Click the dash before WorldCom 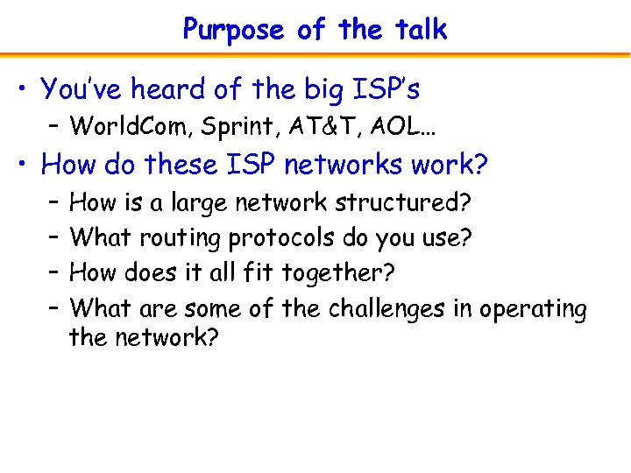(53, 127)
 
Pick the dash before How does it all (53, 273)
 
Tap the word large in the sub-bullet (199, 204)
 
